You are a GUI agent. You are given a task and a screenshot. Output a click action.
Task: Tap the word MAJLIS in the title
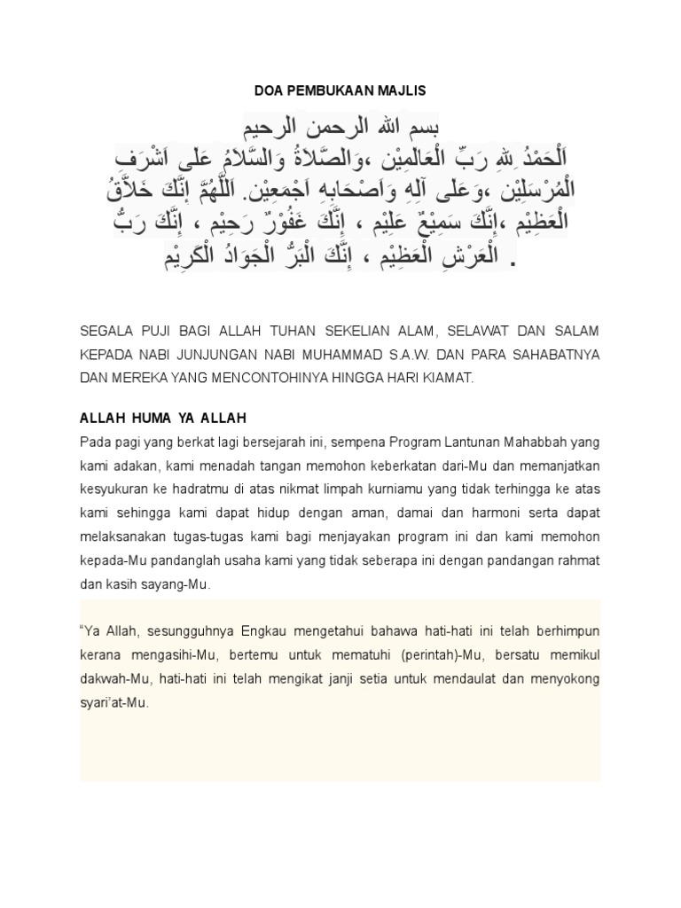[x=402, y=90]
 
